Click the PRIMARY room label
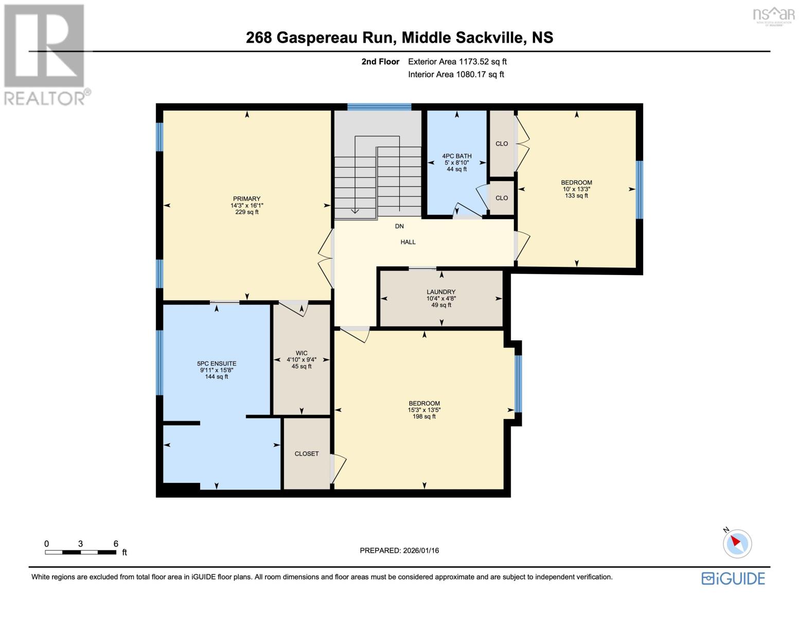[x=246, y=198]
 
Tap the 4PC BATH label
[x=457, y=156]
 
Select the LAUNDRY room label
[x=441, y=292]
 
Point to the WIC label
[x=301, y=353]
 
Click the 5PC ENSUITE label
[x=217, y=364]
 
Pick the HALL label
[x=408, y=242]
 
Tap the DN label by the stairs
[x=399, y=226]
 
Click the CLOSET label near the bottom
[x=307, y=454]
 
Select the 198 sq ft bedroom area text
[x=424, y=416]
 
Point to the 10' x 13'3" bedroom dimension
[x=577, y=189]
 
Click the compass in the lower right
[x=737, y=543]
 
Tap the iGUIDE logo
[x=733, y=578]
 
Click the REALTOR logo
[x=46, y=55]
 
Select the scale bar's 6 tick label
[x=116, y=543]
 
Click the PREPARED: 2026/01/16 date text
[x=399, y=551]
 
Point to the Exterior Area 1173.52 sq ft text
[x=457, y=62]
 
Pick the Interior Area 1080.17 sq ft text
[x=456, y=74]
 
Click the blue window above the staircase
[x=379, y=107]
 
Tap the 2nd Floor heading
[x=380, y=62]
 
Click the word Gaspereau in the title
[x=317, y=38]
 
